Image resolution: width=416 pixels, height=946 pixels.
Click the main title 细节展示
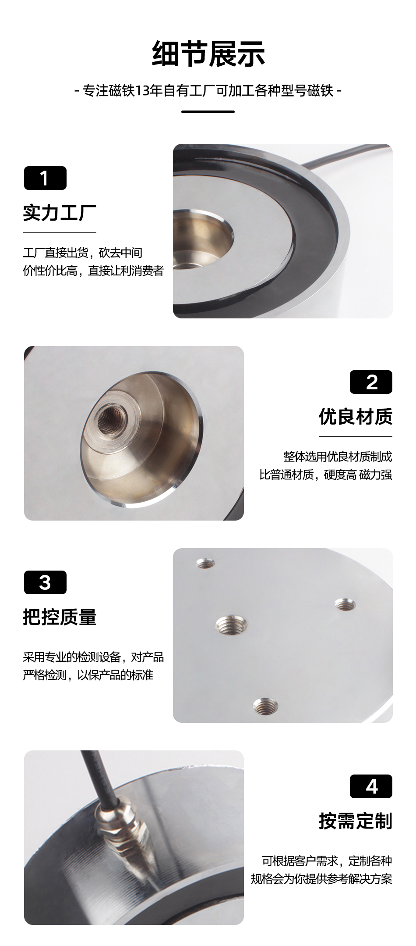(x=208, y=54)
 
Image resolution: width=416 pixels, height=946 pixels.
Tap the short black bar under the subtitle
(x=208, y=111)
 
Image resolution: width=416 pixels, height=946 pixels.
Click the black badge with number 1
(x=45, y=178)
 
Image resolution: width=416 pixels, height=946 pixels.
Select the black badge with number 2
(x=371, y=382)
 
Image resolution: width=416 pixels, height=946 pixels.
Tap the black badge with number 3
(x=45, y=582)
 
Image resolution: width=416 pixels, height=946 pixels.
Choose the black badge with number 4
(x=371, y=786)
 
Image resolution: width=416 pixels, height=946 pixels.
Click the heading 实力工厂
(x=60, y=213)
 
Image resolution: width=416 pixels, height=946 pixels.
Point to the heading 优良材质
(x=356, y=417)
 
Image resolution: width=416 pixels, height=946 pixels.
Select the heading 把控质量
(x=60, y=617)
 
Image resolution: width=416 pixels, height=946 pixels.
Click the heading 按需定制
(x=356, y=821)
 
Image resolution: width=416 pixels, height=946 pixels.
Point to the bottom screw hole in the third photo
(x=266, y=706)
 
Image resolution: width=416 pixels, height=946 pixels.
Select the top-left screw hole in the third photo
(x=205, y=563)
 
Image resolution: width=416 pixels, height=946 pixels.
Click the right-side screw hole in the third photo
(x=345, y=605)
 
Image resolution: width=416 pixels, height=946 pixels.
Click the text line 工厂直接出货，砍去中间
(x=82, y=253)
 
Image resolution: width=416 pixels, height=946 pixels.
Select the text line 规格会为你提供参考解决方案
(x=321, y=879)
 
